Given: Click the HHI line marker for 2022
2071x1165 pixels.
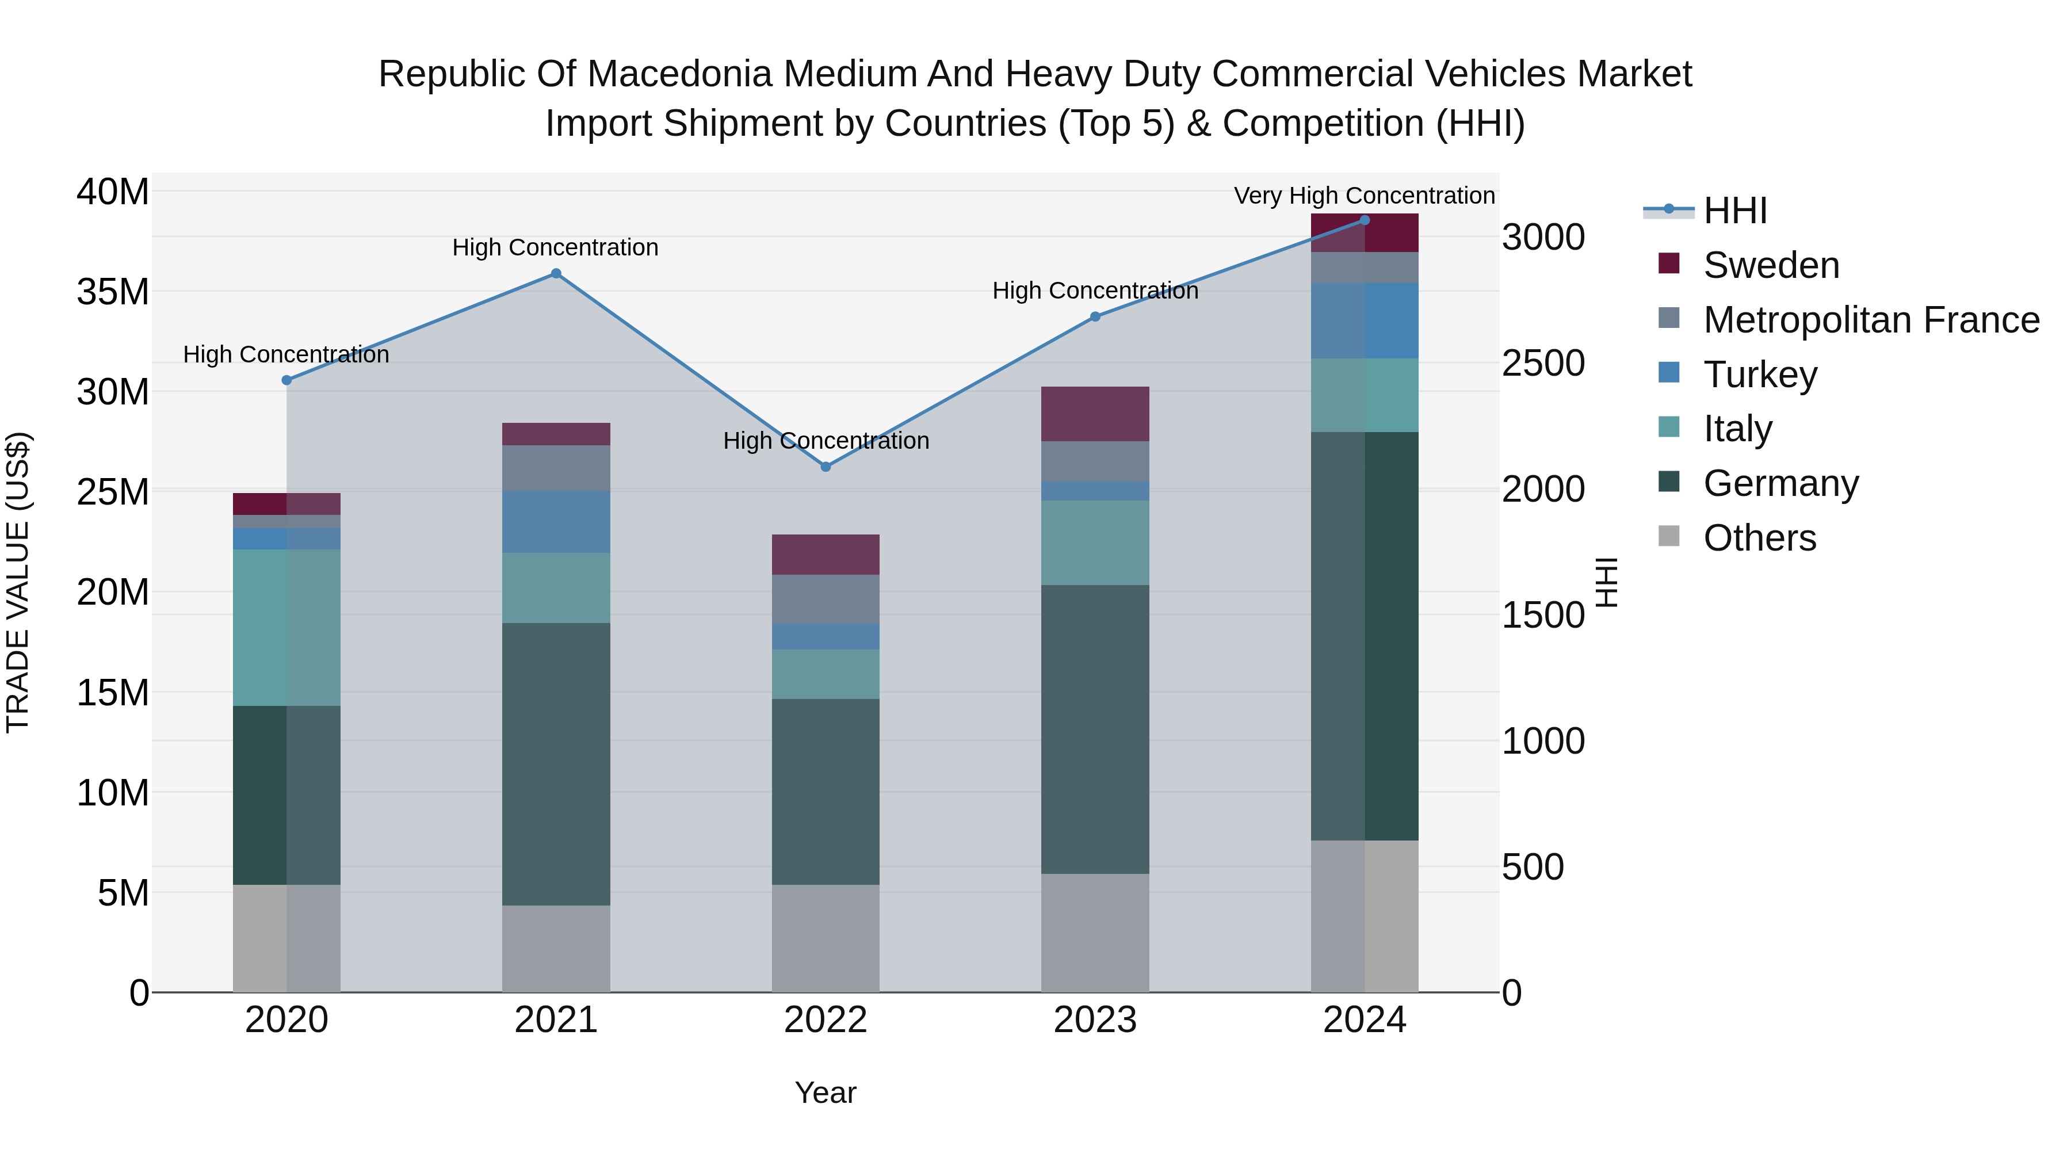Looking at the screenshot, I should [x=826, y=467].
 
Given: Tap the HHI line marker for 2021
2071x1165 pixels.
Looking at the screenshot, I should [x=556, y=273].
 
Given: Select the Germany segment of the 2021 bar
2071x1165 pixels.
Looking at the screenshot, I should [x=556, y=764].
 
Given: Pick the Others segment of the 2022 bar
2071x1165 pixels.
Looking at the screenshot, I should [x=826, y=938].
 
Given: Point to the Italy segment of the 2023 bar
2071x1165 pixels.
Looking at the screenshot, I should [x=1095, y=543].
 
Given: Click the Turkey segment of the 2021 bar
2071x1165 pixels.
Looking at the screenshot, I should [x=556, y=522].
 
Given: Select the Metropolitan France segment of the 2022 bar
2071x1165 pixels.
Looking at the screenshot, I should [x=826, y=599].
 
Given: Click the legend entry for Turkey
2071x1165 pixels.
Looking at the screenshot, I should [x=1759, y=375].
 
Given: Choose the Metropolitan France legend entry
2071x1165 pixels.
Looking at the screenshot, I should [x=1870, y=320].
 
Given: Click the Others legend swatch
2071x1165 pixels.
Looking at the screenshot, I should [x=1669, y=536].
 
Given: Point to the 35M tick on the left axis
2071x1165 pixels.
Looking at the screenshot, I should [x=113, y=292].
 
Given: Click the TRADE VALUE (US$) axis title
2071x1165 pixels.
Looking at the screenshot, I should [x=18, y=582].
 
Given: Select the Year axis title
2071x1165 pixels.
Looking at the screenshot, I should [x=825, y=1093].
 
